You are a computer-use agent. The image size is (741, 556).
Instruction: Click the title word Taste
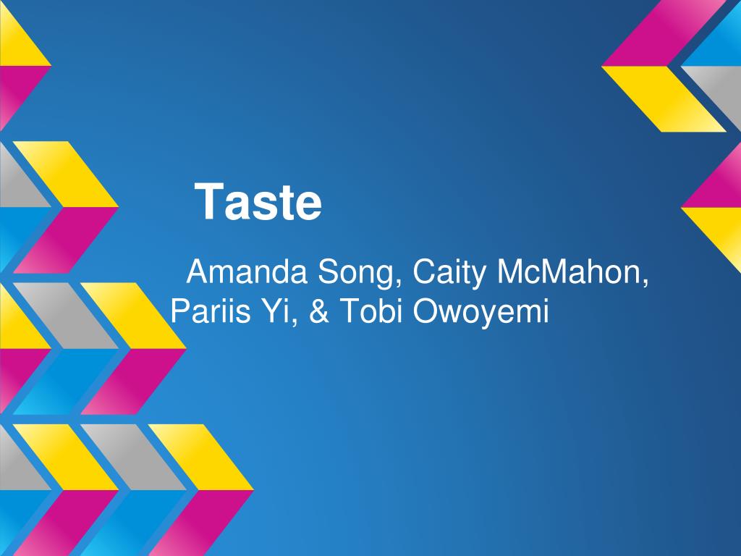click(259, 202)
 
